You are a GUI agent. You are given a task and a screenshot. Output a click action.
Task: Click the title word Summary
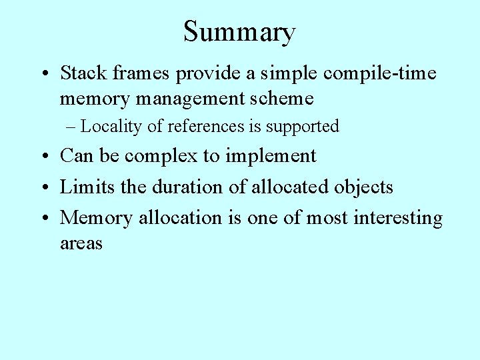[x=239, y=33]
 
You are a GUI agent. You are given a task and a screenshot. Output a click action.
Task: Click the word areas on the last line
[x=81, y=243]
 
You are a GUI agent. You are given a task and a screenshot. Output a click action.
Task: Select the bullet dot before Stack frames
[x=44, y=73]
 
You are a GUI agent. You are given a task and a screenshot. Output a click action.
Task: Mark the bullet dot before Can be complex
[x=44, y=157]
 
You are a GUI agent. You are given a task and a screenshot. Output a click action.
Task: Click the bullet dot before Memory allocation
[x=44, y=218]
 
